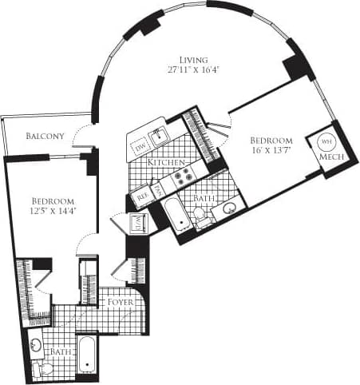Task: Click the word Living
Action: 193,60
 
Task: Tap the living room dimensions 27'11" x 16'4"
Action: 193,70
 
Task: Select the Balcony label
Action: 45,136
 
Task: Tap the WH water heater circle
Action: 326,141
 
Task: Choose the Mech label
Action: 330,157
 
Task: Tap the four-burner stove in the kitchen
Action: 184,176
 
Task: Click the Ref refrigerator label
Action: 143,192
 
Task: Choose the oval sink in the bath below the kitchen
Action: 230,209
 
